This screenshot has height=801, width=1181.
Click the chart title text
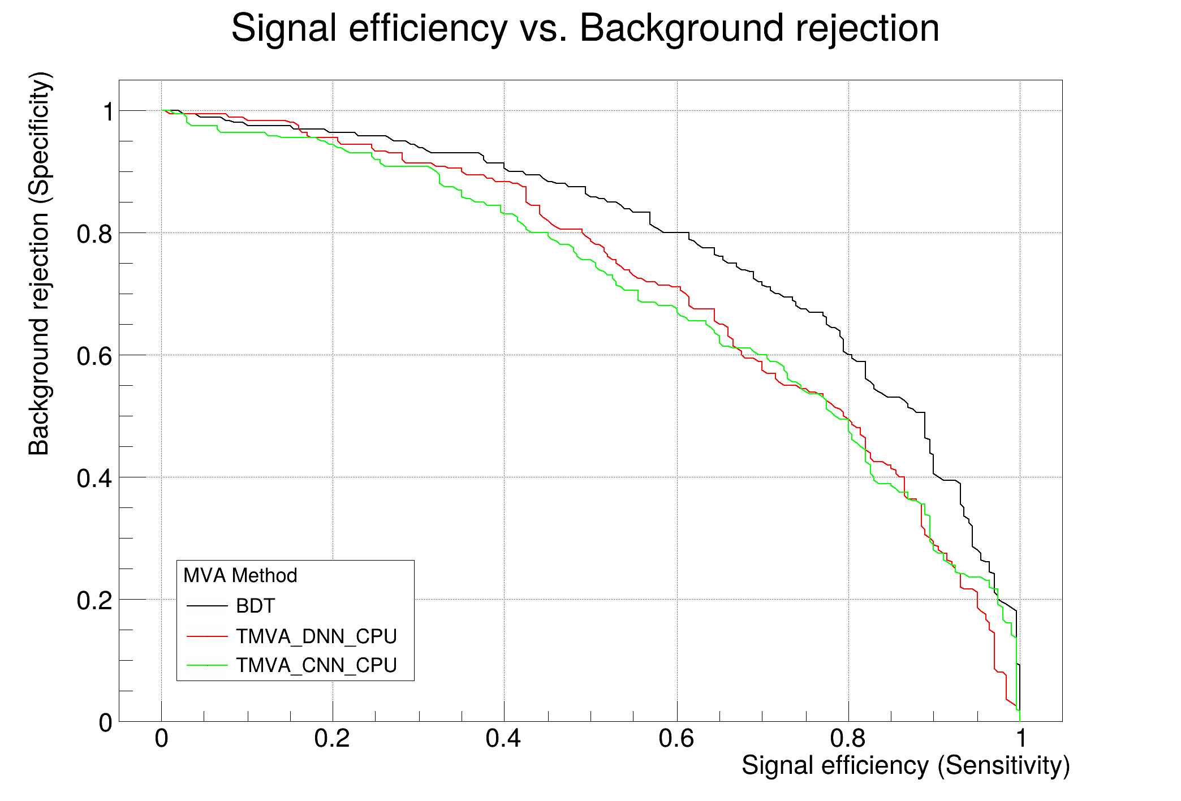coord(585,28)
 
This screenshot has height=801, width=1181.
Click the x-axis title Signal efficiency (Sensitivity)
coord(906,765)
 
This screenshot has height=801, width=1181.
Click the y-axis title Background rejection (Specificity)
coord(40,264)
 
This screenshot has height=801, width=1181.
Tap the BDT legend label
coord(255,606)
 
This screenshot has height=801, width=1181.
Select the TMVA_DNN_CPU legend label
coord(316,636)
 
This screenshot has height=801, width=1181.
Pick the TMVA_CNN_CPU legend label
coord(316,665)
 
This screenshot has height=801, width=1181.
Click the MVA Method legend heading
coord(240,575)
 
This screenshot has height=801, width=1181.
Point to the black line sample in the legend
coord(207,606)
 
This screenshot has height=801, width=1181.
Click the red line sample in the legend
coord(207,636)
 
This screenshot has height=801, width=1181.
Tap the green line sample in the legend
coord(207,665)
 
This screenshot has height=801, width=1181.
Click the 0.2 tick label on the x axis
coord(332,739)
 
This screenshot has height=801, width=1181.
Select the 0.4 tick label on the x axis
coord(503,739)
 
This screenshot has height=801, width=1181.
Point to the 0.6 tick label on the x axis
coord(676,739)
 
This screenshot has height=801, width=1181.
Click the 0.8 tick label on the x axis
coord(848,739)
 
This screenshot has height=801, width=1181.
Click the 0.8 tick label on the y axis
coord(94,234)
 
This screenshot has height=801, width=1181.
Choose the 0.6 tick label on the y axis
coord(94,356)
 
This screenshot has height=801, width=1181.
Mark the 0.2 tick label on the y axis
coord(94,600)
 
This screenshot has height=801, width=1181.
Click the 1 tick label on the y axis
coord(107,111)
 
